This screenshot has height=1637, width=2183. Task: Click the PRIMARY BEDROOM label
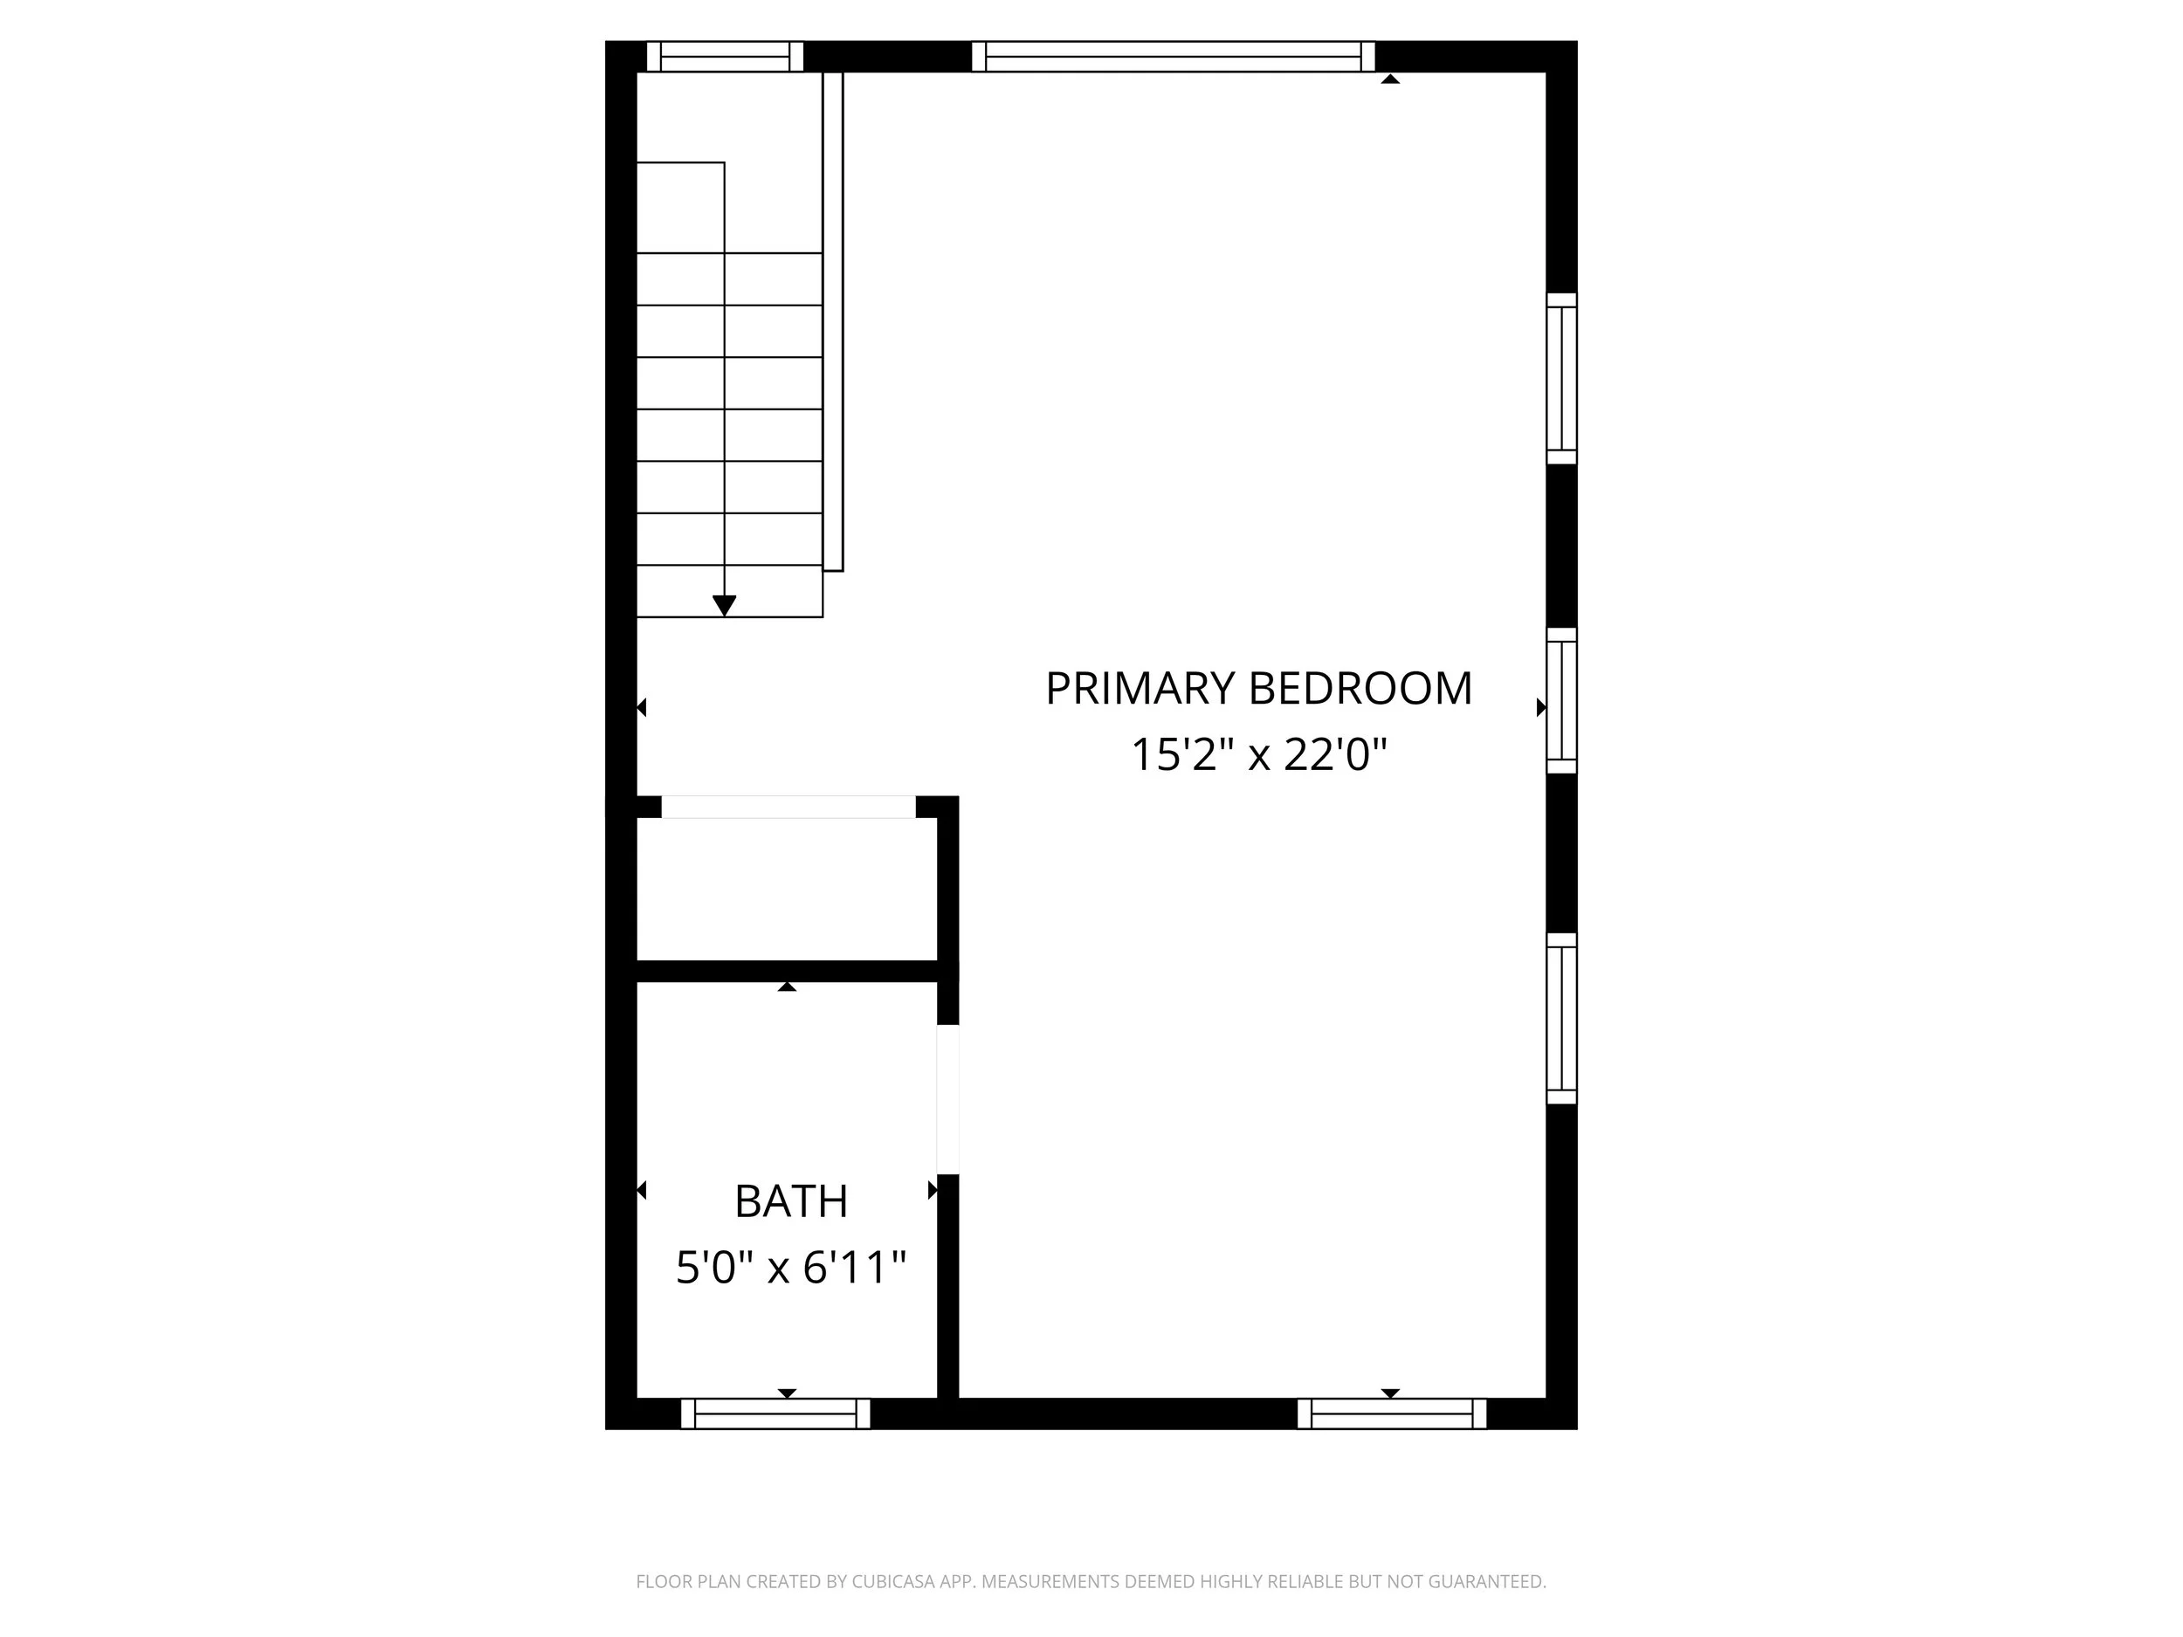(x=1258, y=689)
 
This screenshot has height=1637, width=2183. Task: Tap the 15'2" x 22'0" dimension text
(x=1258, y=756)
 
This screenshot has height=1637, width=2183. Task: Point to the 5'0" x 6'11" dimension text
(x=790, y=1268)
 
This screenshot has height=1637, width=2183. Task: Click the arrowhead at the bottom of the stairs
(x=725, y=606)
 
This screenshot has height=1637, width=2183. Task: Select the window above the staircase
(x=726, y=56)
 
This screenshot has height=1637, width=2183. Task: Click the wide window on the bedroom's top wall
(x=1174, y=56)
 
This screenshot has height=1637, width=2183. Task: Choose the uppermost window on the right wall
(x=1561, y=378)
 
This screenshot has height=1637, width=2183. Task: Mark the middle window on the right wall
(x=1561, y=700)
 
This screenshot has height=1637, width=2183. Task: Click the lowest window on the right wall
(x=1561, y=1017)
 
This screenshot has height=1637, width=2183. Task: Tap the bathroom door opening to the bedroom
(x=947, y=1099)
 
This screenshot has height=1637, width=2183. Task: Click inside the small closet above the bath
(x=787, y=888)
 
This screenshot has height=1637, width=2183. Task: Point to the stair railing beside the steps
(x=833, y=320)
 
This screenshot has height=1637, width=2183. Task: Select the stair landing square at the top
(x=681, y=207)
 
